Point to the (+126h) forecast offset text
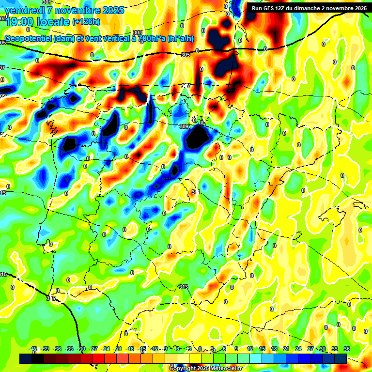pyautogui.click(x=86, y=22)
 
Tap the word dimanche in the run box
pyautogui.click(x=308, y=8)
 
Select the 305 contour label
pyautogui.click(x=185, y=55)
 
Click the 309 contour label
pyautogui.click(x=184, y=127)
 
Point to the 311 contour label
pyautogui.click(x=196, y=192)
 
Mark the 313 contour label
pyautogui.click(x=184, y=287)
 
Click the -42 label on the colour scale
pyautogui.click(x=33, y=349)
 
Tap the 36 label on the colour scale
pyautogui.click(x=347, y=349)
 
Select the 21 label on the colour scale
pyautogui.click(x=286, y=349)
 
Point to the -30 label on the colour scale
pyautogui.click(x=81, y=349)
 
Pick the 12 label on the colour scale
pyautogui.click(x=250, y=349)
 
